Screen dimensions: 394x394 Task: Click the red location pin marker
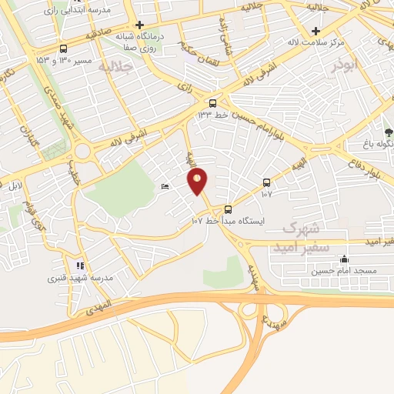tap(198, 181)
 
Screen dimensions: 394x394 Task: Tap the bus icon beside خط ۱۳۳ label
tap(213, 102)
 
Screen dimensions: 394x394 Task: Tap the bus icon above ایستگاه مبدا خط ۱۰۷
tap(228, 209)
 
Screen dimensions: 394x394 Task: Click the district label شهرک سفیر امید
tap(306, 237)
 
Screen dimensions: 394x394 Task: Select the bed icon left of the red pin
tap(165, 187)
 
